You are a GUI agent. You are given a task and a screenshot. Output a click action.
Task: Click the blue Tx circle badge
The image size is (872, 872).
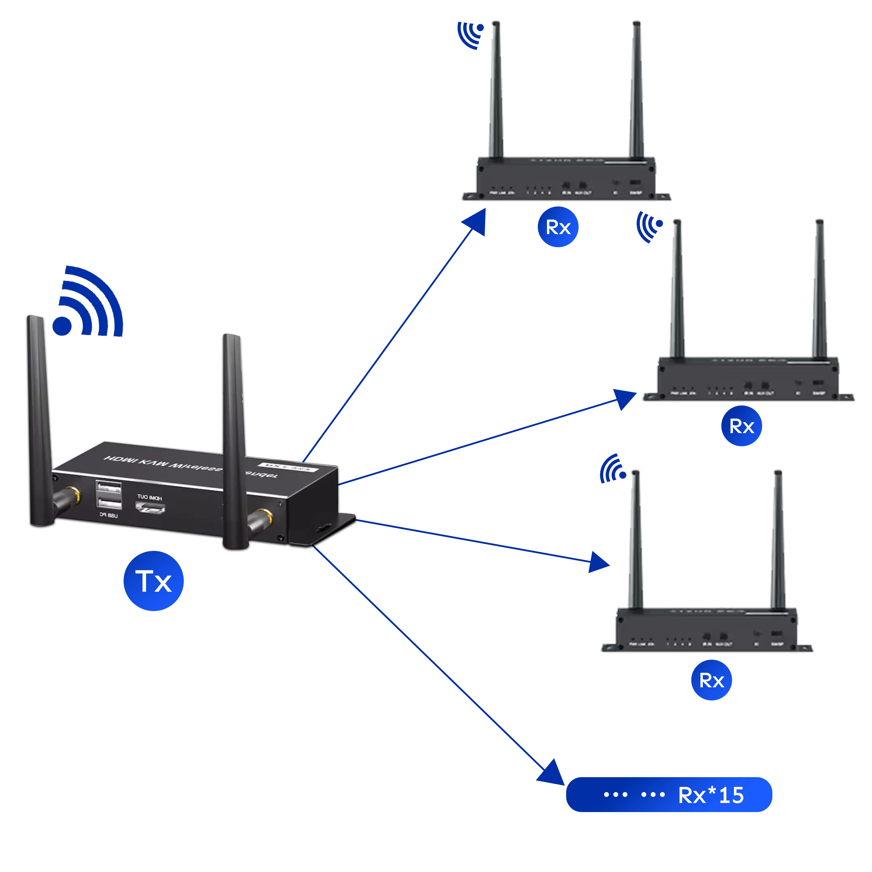tap(153, 581)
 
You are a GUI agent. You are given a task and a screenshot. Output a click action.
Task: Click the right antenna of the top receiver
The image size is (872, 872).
tap(636, 90)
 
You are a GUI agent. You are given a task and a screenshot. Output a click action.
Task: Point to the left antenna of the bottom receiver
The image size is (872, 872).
tap(635, 542)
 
